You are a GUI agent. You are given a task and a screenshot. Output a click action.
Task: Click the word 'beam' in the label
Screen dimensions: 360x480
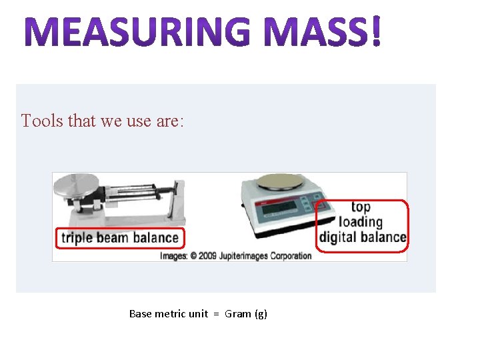(113, 237)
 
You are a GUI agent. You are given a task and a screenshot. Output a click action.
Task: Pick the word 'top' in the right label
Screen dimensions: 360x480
(360, 207)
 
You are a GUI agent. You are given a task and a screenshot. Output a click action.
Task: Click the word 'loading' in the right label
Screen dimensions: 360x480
(361, 222)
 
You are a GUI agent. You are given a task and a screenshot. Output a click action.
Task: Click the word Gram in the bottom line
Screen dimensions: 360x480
(238, 313)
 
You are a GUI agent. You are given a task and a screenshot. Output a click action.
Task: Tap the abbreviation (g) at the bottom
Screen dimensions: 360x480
(261, 314)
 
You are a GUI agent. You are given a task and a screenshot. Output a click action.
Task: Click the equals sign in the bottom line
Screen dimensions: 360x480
(217, 314)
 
